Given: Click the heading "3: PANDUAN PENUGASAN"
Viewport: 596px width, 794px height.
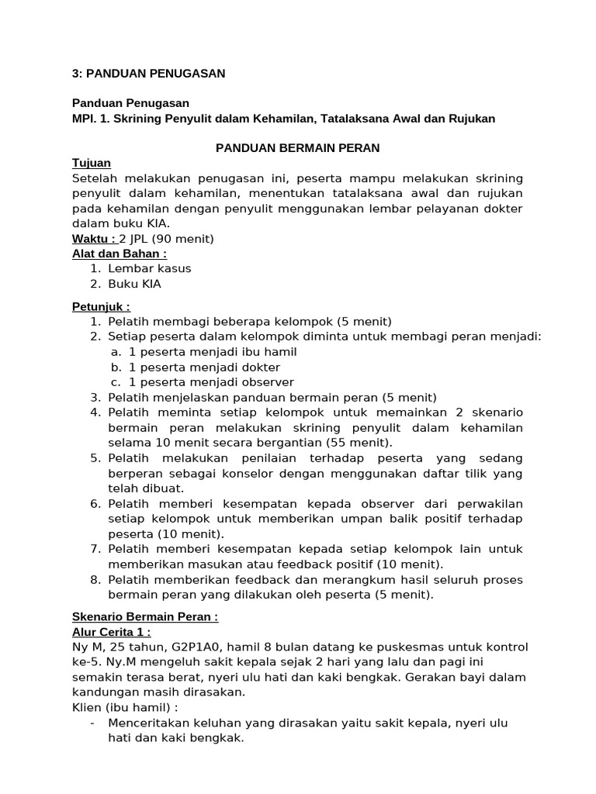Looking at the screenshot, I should tap(148, 74).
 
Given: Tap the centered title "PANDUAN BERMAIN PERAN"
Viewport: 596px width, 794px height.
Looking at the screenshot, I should tap(297, 148).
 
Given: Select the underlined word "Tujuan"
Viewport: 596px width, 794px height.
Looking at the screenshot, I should tap(92, 163).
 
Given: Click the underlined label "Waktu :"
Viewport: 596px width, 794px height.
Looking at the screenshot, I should tap(94, 238).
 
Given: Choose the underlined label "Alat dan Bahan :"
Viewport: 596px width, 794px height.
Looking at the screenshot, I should tap(120, 253).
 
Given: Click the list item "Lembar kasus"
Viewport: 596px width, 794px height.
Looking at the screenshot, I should tap(150, 268).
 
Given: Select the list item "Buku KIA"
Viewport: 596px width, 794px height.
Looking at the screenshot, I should tap(135, 284).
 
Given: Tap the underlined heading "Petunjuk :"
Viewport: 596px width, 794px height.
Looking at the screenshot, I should tap(101, 306).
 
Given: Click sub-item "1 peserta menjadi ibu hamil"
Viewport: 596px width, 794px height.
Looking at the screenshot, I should tap(213, 351).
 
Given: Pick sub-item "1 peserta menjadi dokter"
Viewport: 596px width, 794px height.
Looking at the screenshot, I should tap(204, 367).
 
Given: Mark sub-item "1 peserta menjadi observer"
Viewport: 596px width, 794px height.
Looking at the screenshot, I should tap(211, 381).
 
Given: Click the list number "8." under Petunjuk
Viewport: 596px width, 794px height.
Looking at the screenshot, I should tap(95, 580).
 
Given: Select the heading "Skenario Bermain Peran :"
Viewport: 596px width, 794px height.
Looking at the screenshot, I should tap(145, 617).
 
